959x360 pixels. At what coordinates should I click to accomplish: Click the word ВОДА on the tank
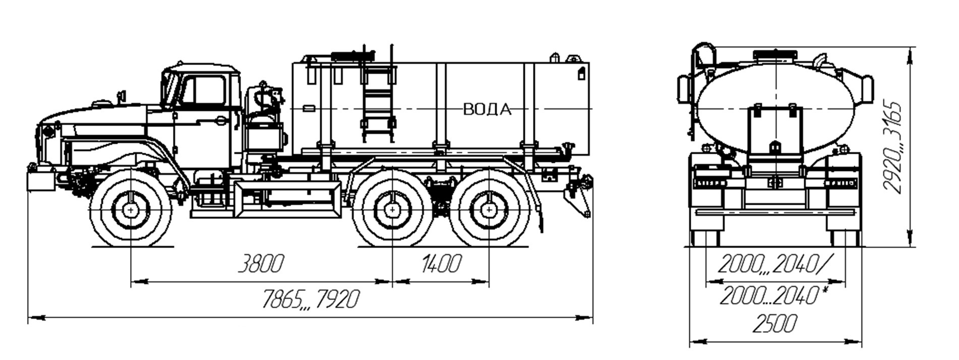click(x=487, y=109)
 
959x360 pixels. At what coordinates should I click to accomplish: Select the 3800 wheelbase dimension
click(x=261, y=264)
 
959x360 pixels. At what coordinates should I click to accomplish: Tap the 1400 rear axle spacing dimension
click(x=440, y=264)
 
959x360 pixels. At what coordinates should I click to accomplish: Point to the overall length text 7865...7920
click(x=311, y=299)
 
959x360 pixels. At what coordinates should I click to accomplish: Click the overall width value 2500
click(x=775, y=324)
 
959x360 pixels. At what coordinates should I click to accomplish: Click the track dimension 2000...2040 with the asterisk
click(x=774, y=296)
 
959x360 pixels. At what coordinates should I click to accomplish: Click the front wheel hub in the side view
click(x=131, y=208)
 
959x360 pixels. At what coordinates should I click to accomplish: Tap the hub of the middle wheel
click(x=392, y=208)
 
